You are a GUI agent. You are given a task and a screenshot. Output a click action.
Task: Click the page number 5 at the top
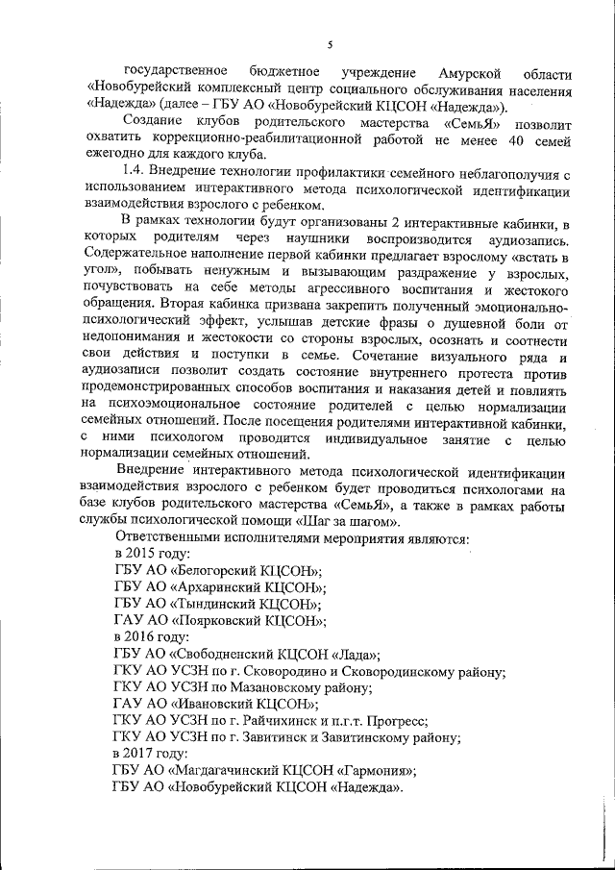click(x=329, y=45)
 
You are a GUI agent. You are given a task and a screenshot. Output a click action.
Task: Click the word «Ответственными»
click(x=172, y=536)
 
